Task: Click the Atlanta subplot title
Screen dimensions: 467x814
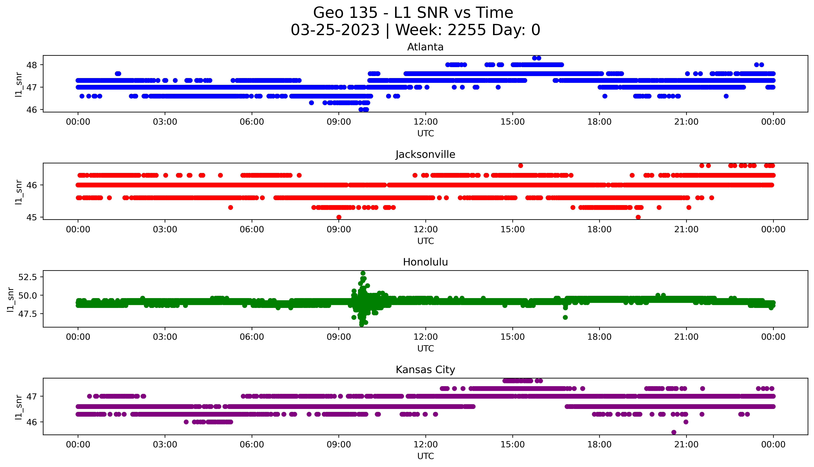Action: [x=425, y=47]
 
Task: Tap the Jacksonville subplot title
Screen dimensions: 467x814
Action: [x=425, y=155]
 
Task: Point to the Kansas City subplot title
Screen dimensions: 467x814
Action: [x=425, y=370]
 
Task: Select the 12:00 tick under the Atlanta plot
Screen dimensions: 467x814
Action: [x=425, y=122]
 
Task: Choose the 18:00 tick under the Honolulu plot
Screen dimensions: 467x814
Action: [x=599, y=337]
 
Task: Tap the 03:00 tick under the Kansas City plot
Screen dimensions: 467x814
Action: [x=165, y=445]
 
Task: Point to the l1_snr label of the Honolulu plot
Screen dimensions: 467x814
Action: [x=11, y=299]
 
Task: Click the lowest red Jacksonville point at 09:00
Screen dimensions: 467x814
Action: [x=339, y=217]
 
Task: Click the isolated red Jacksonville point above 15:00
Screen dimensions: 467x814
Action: [x=521, y=166]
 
